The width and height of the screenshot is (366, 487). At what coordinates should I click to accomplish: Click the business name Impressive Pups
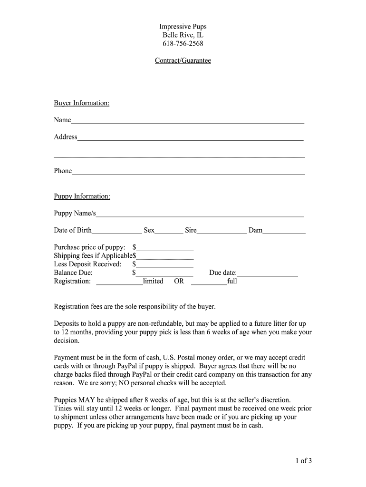point(183,27)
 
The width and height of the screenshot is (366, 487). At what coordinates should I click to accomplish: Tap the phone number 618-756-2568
point(183,44)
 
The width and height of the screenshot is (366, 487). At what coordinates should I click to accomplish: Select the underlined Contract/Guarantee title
point(183,61)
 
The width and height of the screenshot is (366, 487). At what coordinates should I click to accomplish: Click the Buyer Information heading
point(82,103)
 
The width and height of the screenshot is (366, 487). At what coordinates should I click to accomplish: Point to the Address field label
point(66,137)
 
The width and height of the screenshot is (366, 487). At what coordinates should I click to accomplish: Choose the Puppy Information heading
point(82,196)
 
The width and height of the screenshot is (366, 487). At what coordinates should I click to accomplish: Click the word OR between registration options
point(179,282)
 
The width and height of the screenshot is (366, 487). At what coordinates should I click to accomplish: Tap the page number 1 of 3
point(303,460)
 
